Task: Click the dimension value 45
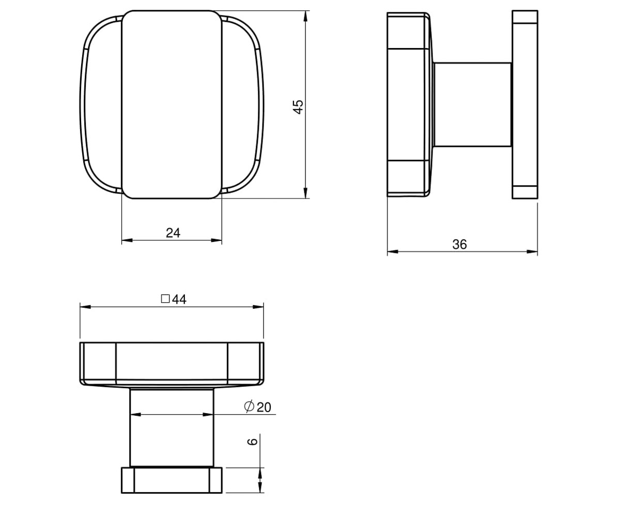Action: (298, 107)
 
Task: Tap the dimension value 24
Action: (173, 233)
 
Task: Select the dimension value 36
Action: (459, 244)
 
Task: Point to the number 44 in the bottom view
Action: (179, 299)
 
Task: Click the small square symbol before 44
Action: (165, 299)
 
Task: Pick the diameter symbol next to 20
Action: (249, 406)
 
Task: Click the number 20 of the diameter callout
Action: (263, 407)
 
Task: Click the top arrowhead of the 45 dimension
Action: (305, 16)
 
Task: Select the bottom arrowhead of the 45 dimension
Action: (305, 192)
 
